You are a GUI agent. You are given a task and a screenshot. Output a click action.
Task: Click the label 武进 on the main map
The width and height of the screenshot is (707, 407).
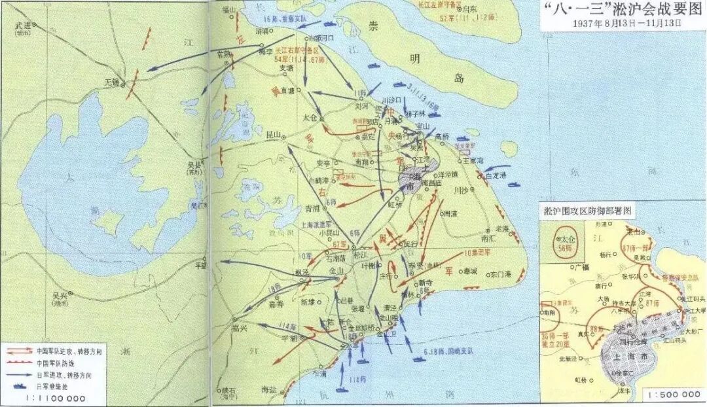click(x=24, y=27)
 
